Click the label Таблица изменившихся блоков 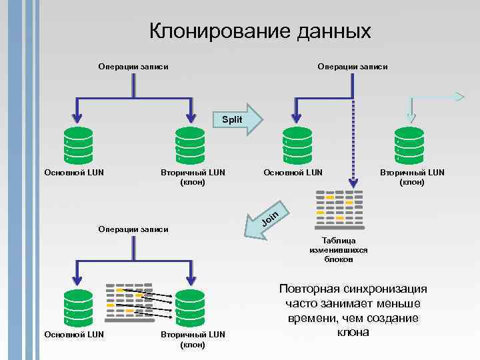click(339, 249)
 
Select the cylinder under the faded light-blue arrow click(409, 144)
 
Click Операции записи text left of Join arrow click(133, 229)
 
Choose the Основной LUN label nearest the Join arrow click(293, 173)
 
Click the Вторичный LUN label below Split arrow click(193, 177)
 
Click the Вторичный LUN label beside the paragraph click(193, 339)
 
